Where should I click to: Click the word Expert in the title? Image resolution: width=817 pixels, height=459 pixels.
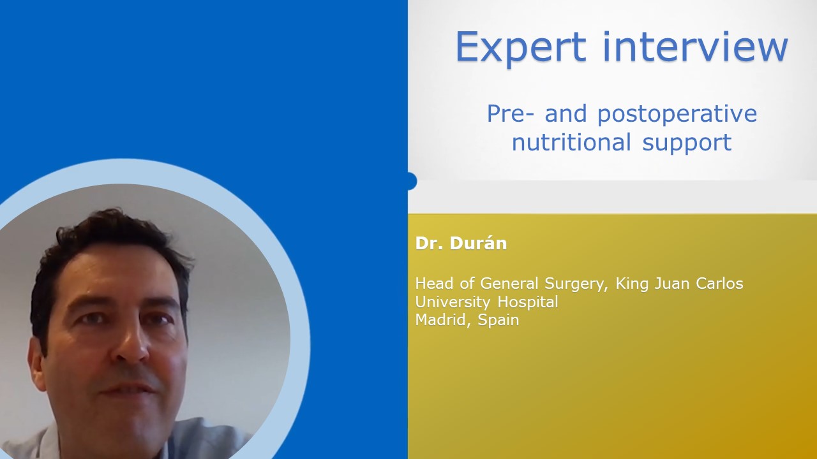pyautogui.click(x=521, y=48)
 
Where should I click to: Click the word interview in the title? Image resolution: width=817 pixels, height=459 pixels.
pyautogui.click(x=696, y=47)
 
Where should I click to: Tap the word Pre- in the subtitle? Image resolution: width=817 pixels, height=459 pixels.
pyautogui.click(x=511, y=113)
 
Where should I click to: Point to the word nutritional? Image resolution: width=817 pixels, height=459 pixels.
pyautogui.click(x=571, y=142)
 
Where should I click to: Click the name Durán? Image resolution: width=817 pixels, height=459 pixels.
pyautogui.click(x=478, y=243)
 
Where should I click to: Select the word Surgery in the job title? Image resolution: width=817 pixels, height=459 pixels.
pyautogui.click(x=576, y=284)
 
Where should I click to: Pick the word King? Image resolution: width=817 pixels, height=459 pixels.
pyautogui.click(x=631, y=284)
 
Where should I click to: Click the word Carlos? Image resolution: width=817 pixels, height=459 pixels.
pyautogui.click(x=719, y=284)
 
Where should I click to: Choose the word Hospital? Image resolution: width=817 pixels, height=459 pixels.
pyautogui.click(x=528, y=302)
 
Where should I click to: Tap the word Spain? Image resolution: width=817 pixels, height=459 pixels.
pyautogui.click(x=498, y=321)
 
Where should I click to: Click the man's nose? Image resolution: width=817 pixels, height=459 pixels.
pyautogui.click(x=131, y=346)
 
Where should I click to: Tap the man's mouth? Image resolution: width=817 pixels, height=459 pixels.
pyautogui.click(x=128, y=390)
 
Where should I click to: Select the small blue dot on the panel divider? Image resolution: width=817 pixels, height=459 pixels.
pyautogui.click(x=412, y=181)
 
